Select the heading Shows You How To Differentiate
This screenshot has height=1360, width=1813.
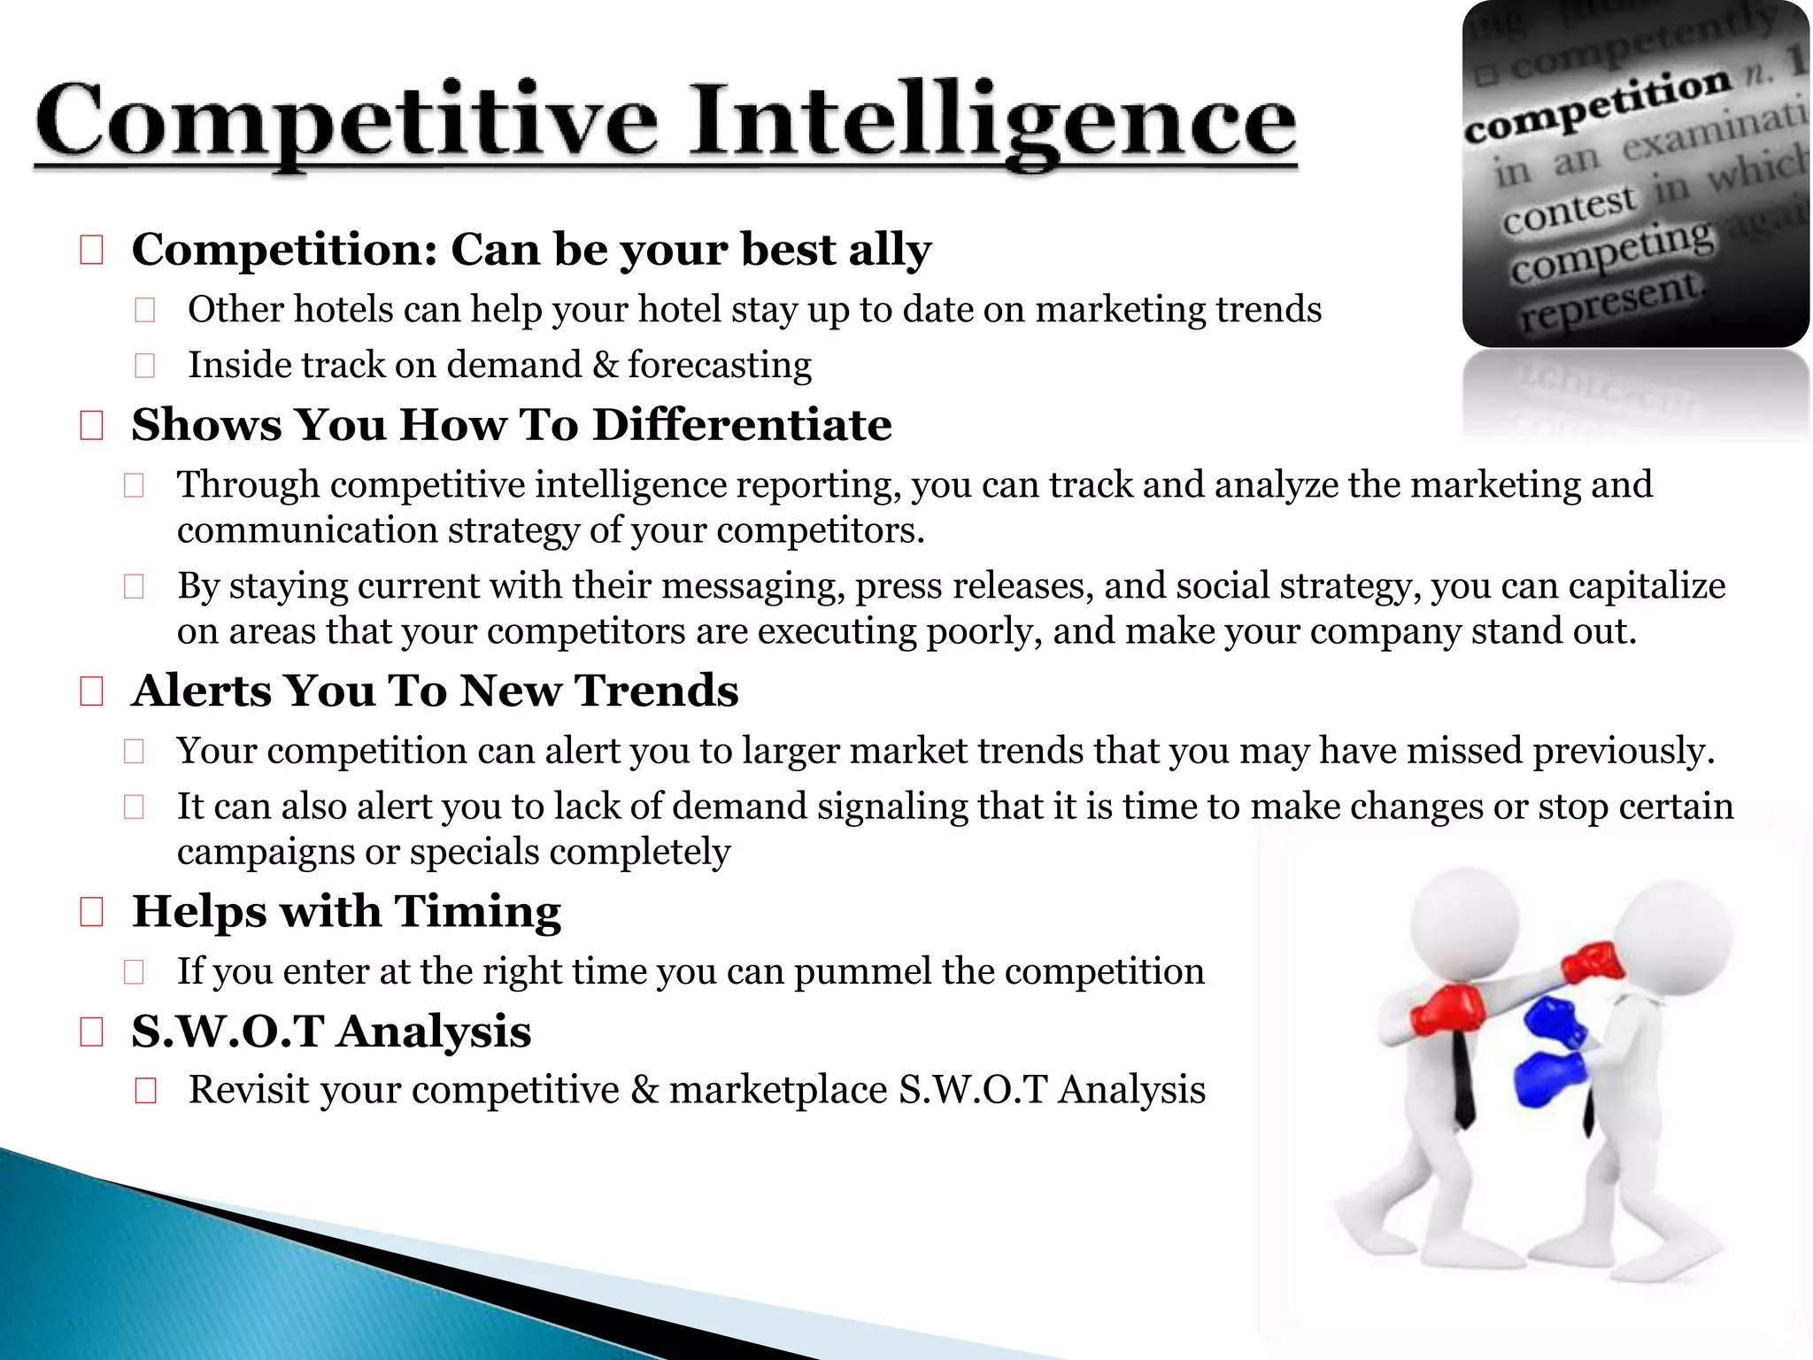[511, 425]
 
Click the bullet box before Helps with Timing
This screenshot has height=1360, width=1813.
[92, 911]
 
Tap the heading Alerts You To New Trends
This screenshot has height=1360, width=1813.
[435, 691]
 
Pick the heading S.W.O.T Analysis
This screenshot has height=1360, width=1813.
[331, 1032]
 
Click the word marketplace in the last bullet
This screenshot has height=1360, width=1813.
[777, 1090]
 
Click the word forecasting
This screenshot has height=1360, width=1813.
[720, 366]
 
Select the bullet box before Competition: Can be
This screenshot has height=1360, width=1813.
[92, 251]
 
